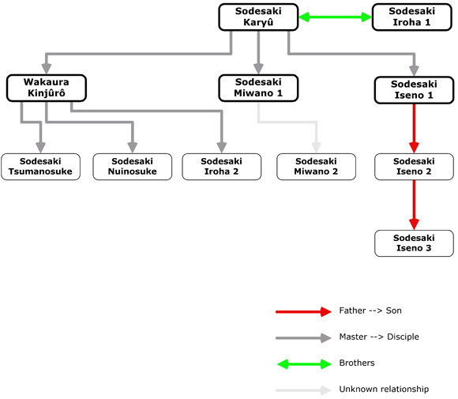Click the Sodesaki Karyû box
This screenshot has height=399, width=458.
(x=258, y=17)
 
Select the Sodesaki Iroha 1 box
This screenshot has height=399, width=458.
(x=412, y=17)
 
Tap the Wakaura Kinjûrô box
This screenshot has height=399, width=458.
(x=47, y=88)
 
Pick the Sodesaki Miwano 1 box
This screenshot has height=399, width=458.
(x=258, y=88)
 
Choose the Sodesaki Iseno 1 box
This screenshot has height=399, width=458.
(x=414, y=90)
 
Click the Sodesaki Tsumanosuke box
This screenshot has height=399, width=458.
(x=40, y=167)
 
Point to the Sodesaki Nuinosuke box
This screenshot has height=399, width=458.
(x=133, y=167)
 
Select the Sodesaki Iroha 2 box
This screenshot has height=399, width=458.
(x=221, y=167)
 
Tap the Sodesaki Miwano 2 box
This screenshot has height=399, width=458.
(x=316, y=167)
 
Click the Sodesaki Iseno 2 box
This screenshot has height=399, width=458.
(x=414, y=167)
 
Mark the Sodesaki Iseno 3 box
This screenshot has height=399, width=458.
(x=414, y=243)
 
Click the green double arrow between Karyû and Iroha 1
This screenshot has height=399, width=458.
(x=336, y=17)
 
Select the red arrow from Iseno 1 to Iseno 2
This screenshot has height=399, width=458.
(x=414, y=129)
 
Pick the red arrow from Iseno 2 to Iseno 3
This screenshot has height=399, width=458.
(x=414, y=205)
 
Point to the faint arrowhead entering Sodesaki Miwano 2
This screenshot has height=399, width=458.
(x=316, y=148)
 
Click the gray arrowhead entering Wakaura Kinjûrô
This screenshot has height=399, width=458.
(x=47, y=69)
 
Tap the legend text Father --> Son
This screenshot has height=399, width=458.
(x=370, y=311)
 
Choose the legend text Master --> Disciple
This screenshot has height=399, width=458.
(x=379, y=337)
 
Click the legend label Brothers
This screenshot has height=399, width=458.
(x=357, y=363)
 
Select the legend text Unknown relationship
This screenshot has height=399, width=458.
(x=384, y=389)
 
